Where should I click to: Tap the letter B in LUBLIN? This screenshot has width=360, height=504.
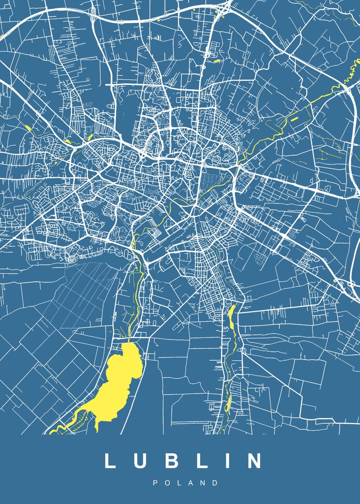click(x=171, y=461)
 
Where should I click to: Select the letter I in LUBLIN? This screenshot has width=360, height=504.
click(x=225, y=461)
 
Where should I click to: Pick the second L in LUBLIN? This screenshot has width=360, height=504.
click(x=201, y=461)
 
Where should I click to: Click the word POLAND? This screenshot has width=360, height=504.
click(x=186, y=483)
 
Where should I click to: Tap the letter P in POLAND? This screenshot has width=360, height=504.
click(x=155, y=483)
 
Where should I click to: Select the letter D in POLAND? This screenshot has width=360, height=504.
click(x=216, y=483)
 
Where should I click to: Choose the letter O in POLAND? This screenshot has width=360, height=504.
click(x=167, y=483)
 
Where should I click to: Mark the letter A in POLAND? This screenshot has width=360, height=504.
click(x=191, y=483)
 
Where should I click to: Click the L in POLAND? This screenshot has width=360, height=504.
click(x=179, y=483)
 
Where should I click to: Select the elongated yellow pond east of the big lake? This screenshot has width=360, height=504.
click(x=231, y=317)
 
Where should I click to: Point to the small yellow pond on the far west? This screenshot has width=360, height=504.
click(x=28, y=127)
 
